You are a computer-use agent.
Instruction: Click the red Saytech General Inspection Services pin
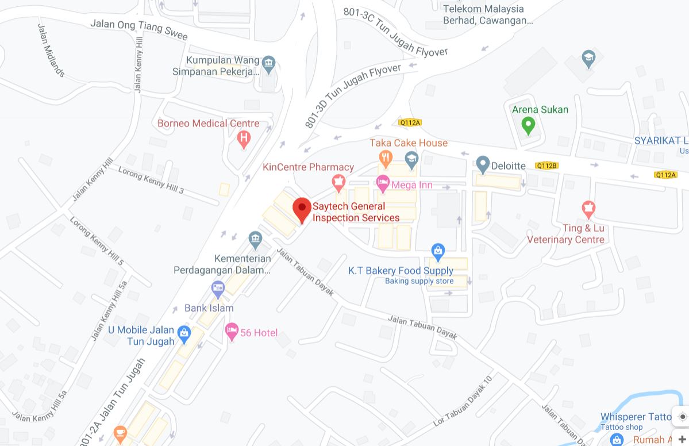[302, 209]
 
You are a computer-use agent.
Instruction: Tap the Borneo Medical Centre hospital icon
[244, 139]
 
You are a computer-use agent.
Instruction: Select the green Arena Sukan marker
[528, 124]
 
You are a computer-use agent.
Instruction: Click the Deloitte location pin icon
[483, 165]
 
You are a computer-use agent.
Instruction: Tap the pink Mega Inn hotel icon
[383, 184]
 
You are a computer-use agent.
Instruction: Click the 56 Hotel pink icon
[232, 331]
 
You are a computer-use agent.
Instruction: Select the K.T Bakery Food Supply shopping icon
[438, 251]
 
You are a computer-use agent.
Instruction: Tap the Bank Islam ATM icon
[217, 289]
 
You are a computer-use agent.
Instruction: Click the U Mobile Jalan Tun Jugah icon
[184, 332]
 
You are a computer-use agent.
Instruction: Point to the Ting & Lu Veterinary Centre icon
[588, 209]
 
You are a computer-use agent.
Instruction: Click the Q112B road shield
[546, 166]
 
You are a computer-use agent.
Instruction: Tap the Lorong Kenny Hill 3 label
[151, 179]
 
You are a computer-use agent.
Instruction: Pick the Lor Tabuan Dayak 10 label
[463, 401]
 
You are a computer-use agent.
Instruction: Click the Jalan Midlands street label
[51, 51]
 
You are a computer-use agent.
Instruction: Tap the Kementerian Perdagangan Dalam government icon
[255, 238]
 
